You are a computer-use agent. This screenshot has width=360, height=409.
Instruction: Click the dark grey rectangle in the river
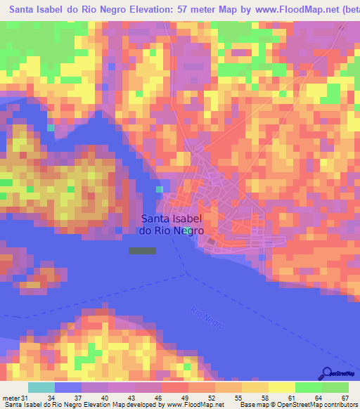pos(142,250)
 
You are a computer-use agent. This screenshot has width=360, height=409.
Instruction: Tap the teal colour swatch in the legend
pos(41,387)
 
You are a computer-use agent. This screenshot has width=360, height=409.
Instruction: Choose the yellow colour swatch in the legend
pos(282,387)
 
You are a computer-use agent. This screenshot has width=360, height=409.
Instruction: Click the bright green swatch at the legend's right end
pos(335,387)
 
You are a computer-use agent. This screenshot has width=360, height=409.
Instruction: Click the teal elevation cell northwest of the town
pos(159,189)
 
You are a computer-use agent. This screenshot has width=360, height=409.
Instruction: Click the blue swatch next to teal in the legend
pos(68,387)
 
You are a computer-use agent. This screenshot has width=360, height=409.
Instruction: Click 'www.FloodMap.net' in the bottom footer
pos(193,404)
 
